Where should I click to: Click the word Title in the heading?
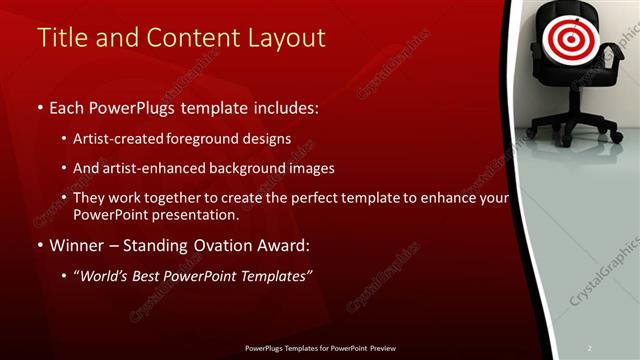[x=63, y=38]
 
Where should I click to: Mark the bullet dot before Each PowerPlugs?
[x=40, y=107]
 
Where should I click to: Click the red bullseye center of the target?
[x=567, y=39]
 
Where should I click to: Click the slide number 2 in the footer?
[x=589, y=348]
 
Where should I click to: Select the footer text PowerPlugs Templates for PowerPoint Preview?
[x=319, y=348]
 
